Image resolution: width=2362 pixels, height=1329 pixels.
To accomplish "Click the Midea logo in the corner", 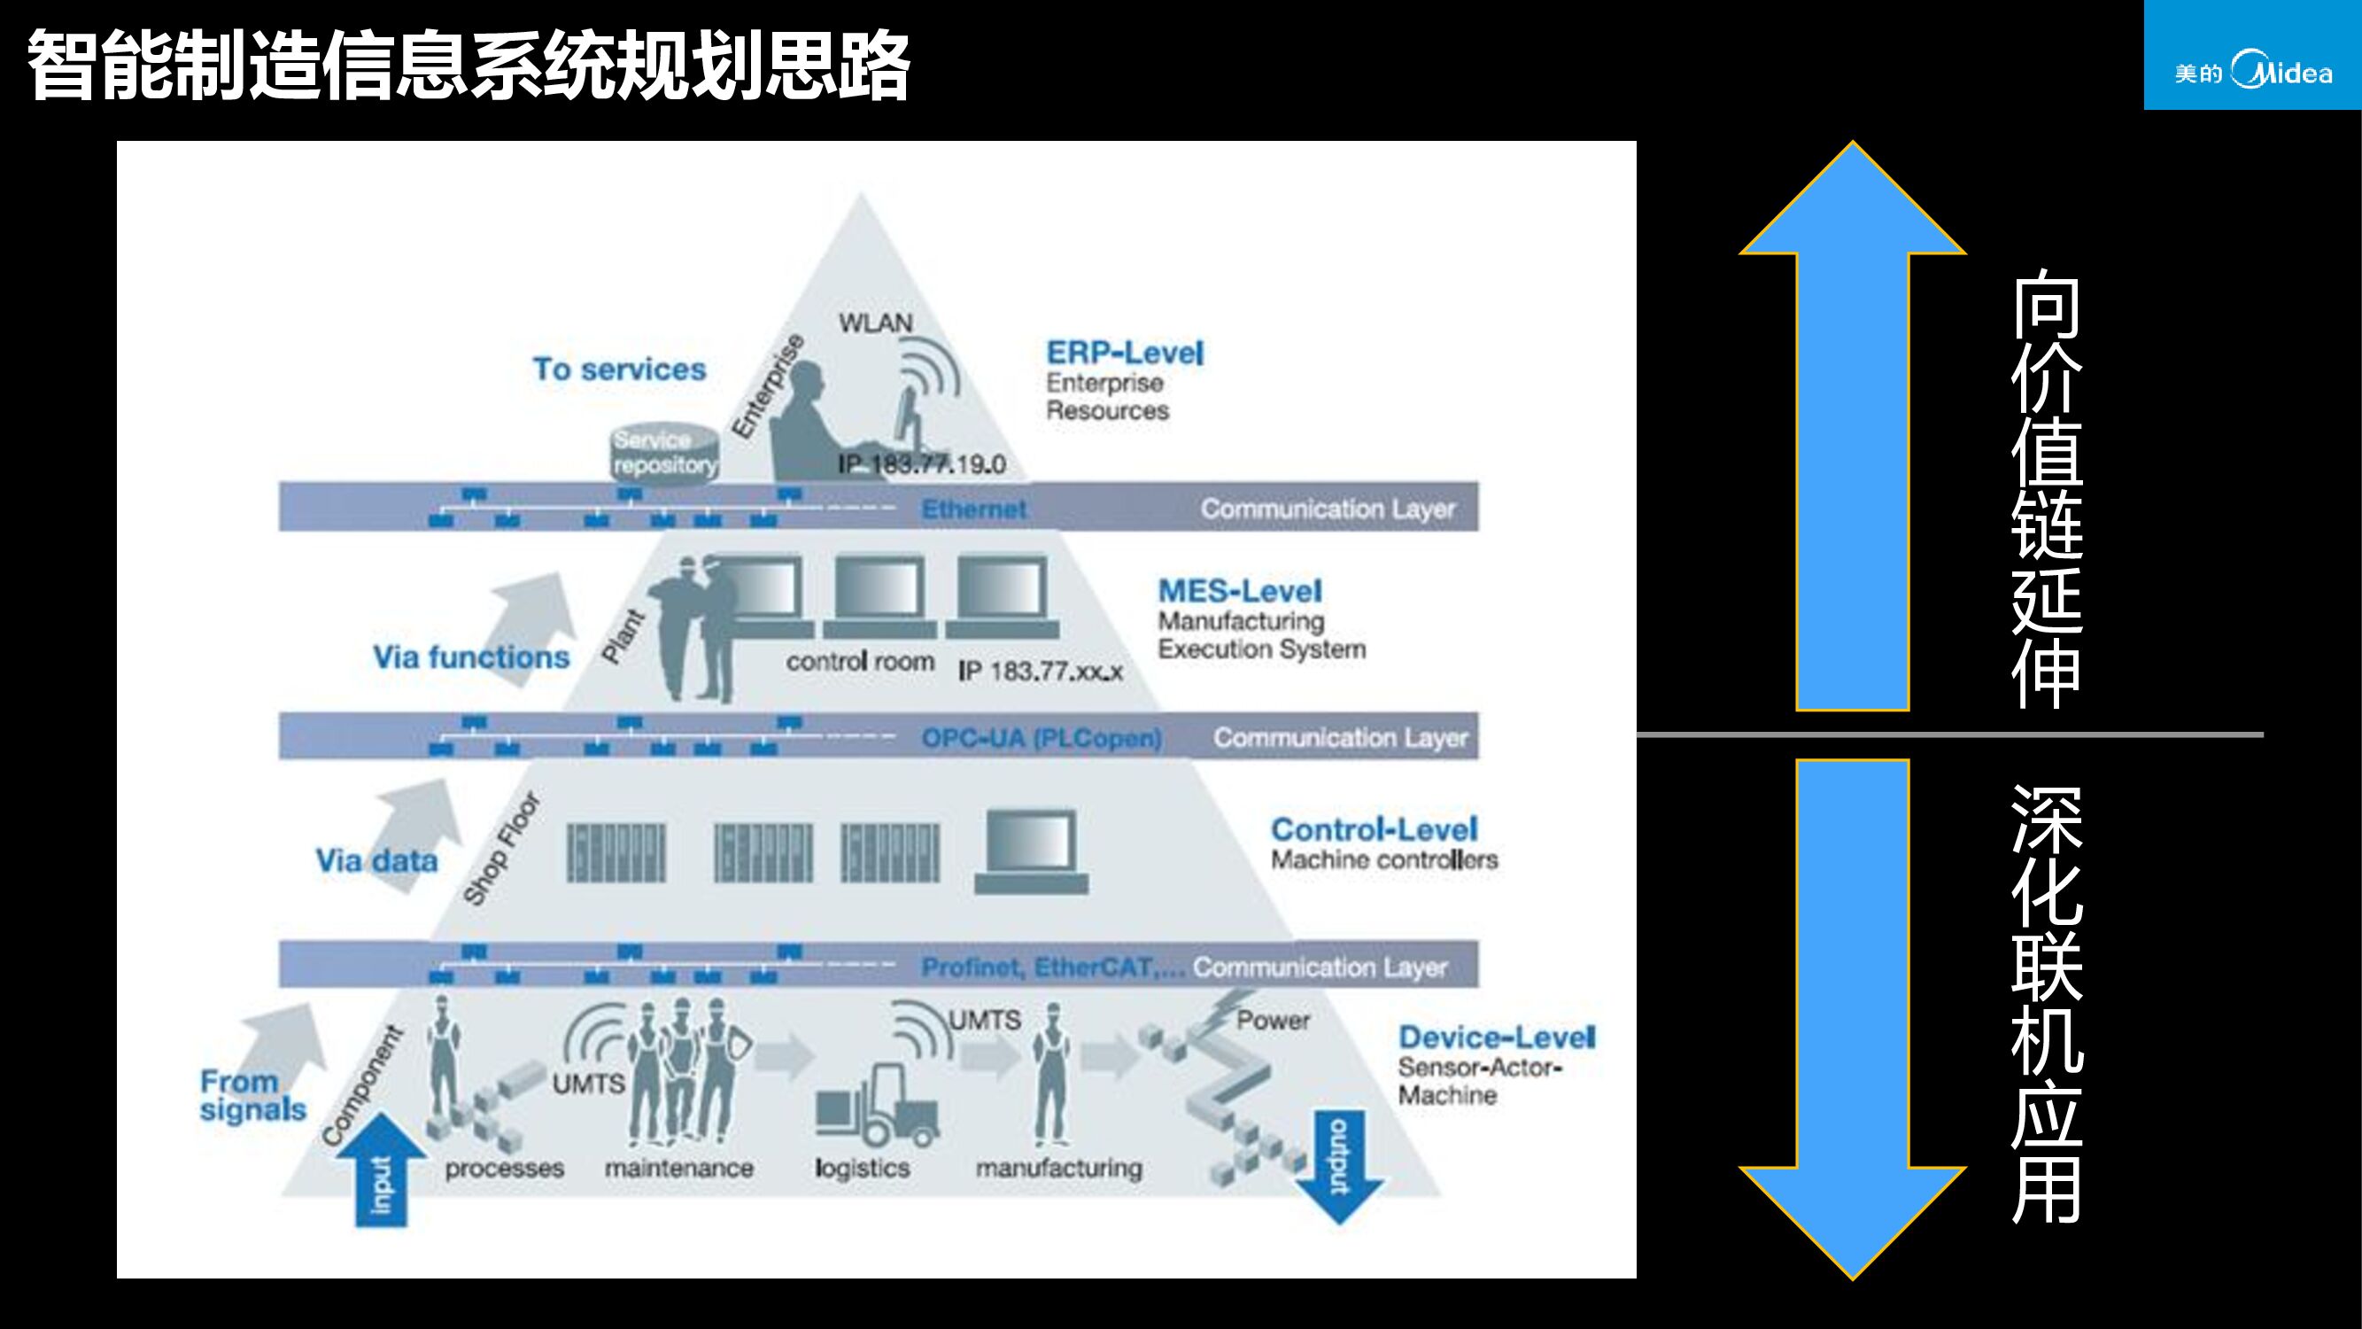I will [x=2253, y=72].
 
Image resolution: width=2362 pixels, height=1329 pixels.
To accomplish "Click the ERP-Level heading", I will [x=1124, y=354].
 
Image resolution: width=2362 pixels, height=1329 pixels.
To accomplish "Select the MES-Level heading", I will [x=1240, y=592].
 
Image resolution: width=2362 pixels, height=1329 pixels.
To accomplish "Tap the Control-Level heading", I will [x=1374, y=830].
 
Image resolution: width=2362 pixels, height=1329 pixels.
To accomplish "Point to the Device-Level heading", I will [x=1497, y=1038].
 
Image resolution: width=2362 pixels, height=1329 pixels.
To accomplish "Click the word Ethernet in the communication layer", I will [x=974, y=509].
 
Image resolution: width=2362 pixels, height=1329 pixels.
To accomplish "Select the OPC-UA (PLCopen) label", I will [x=1042, y=738].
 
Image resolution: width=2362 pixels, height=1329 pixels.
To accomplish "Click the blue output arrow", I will [x=1340, y=1165].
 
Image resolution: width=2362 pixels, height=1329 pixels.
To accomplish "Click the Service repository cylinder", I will [x=665, y=452].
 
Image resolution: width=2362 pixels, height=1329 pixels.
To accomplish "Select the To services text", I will [x=619, y=369].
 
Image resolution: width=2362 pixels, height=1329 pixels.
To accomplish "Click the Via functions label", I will [x=470, y=657].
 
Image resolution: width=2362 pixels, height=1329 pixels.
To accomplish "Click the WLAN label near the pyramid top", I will [x=876, y=323].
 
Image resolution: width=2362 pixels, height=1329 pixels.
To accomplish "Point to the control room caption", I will [x=859, y=661].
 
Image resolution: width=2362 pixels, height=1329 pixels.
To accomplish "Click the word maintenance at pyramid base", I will [x=678, y=1169].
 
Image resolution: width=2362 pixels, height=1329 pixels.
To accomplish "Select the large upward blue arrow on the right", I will [x=1852, y=431].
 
